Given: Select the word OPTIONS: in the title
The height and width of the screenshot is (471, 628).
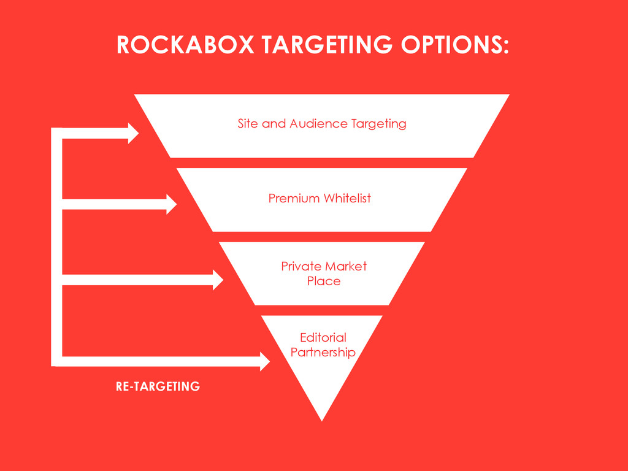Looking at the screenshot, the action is coord(455,45).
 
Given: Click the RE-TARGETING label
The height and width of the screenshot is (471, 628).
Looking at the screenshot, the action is coord(158,386).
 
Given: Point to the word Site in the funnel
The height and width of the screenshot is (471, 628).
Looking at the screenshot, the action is coord(248,124).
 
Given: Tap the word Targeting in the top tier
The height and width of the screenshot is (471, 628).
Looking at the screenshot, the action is coord(378,124).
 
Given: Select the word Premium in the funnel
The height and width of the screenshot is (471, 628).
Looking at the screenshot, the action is coord(294,199).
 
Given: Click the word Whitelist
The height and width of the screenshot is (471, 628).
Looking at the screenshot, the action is coord(347,199).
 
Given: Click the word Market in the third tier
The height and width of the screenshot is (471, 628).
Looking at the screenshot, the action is coord(346,266).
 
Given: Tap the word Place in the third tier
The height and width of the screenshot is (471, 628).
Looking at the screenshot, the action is coord(324,281).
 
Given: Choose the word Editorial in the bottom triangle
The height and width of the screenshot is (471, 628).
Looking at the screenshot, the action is coord(323,337).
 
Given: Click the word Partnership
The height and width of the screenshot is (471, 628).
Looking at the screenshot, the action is coord(323,353).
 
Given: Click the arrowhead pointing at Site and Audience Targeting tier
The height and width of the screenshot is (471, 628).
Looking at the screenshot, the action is coord(133,134).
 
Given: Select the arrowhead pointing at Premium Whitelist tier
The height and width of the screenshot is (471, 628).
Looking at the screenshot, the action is coord(171,204).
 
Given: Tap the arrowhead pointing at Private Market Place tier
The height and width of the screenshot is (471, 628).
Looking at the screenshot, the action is coord(218,280).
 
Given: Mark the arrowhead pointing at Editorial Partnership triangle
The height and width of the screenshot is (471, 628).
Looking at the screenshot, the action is coord(265,361).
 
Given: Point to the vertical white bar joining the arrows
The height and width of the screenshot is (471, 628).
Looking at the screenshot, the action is coord(56,245).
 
